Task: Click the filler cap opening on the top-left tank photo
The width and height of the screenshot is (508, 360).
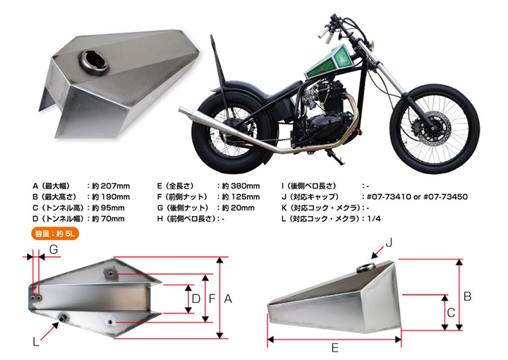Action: point(94,62)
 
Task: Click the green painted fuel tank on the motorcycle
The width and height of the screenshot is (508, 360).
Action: point(329,61)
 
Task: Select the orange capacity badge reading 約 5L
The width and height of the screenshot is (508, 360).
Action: point(55,234)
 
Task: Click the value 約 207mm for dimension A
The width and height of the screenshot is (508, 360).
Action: point(111,186)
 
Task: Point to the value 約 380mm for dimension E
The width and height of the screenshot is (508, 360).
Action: point(241,186)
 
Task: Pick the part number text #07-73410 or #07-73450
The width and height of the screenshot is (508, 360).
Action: point(417,197)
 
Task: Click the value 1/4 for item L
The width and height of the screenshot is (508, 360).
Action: point(374,219)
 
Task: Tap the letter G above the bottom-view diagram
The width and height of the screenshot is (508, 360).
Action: point(54,249)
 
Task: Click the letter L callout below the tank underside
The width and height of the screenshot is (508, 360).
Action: point(36,342)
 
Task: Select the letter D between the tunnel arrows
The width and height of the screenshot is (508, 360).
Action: point(195,299)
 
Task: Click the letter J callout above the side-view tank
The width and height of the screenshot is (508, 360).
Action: point(389,242)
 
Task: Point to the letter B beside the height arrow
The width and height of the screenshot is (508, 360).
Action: point(467,296)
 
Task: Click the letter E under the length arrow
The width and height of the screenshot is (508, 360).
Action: point(335,348)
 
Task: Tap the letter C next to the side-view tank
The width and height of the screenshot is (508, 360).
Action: point(451,313)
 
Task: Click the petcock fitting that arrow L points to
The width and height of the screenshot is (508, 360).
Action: point(62,318)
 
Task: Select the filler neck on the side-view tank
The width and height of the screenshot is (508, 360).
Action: point(365,268)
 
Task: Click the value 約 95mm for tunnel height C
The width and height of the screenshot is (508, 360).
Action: point(108,208)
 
